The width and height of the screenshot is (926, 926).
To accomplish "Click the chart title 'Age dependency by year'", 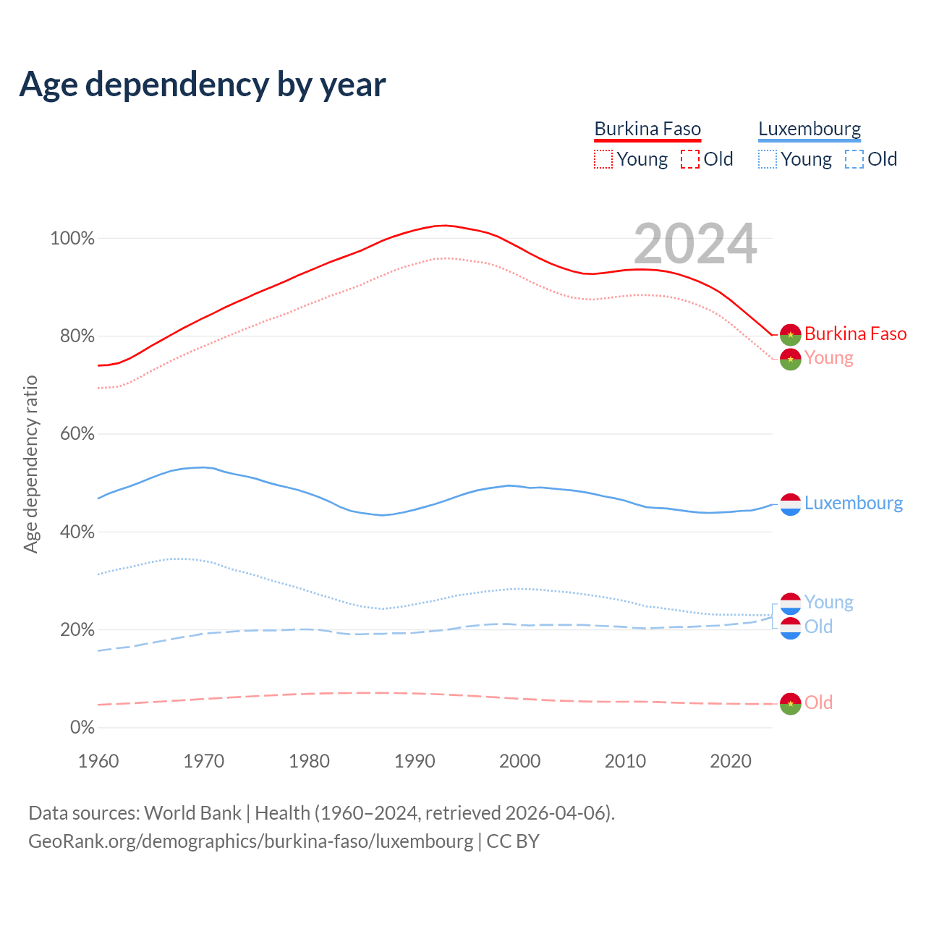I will pos(203,85).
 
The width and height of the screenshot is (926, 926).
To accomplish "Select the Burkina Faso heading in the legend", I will pos(647,129).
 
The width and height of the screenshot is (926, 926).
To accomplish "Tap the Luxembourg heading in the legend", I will pos(810,129).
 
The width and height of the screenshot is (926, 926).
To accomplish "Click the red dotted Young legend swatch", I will pos(603,159).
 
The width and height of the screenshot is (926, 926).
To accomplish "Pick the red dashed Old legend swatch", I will pos(690,159).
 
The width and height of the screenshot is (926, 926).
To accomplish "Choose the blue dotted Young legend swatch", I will pos(768,159).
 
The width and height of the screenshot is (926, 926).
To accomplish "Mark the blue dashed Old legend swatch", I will pos(854,159).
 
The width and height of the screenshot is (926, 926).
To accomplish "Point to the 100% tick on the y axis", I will pos(72,239).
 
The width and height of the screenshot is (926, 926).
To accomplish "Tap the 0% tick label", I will pos(82,728).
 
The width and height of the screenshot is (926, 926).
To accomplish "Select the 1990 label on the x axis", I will pos(415,761).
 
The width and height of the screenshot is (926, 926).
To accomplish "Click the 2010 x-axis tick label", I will pos(625,761).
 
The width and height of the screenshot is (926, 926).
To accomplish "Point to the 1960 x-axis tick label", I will pos(98,761).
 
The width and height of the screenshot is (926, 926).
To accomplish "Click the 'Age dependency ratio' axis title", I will pos(30,464).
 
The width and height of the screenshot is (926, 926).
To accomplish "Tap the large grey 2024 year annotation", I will pos(695,244).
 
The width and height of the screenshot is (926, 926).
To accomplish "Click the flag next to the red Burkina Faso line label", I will pos(790,334).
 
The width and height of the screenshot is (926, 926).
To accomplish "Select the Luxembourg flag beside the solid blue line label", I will pos(790,504).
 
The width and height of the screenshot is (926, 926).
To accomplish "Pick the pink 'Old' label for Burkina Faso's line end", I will pos(818,702).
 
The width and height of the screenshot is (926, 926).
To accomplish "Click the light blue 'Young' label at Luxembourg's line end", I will pos(828,602).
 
